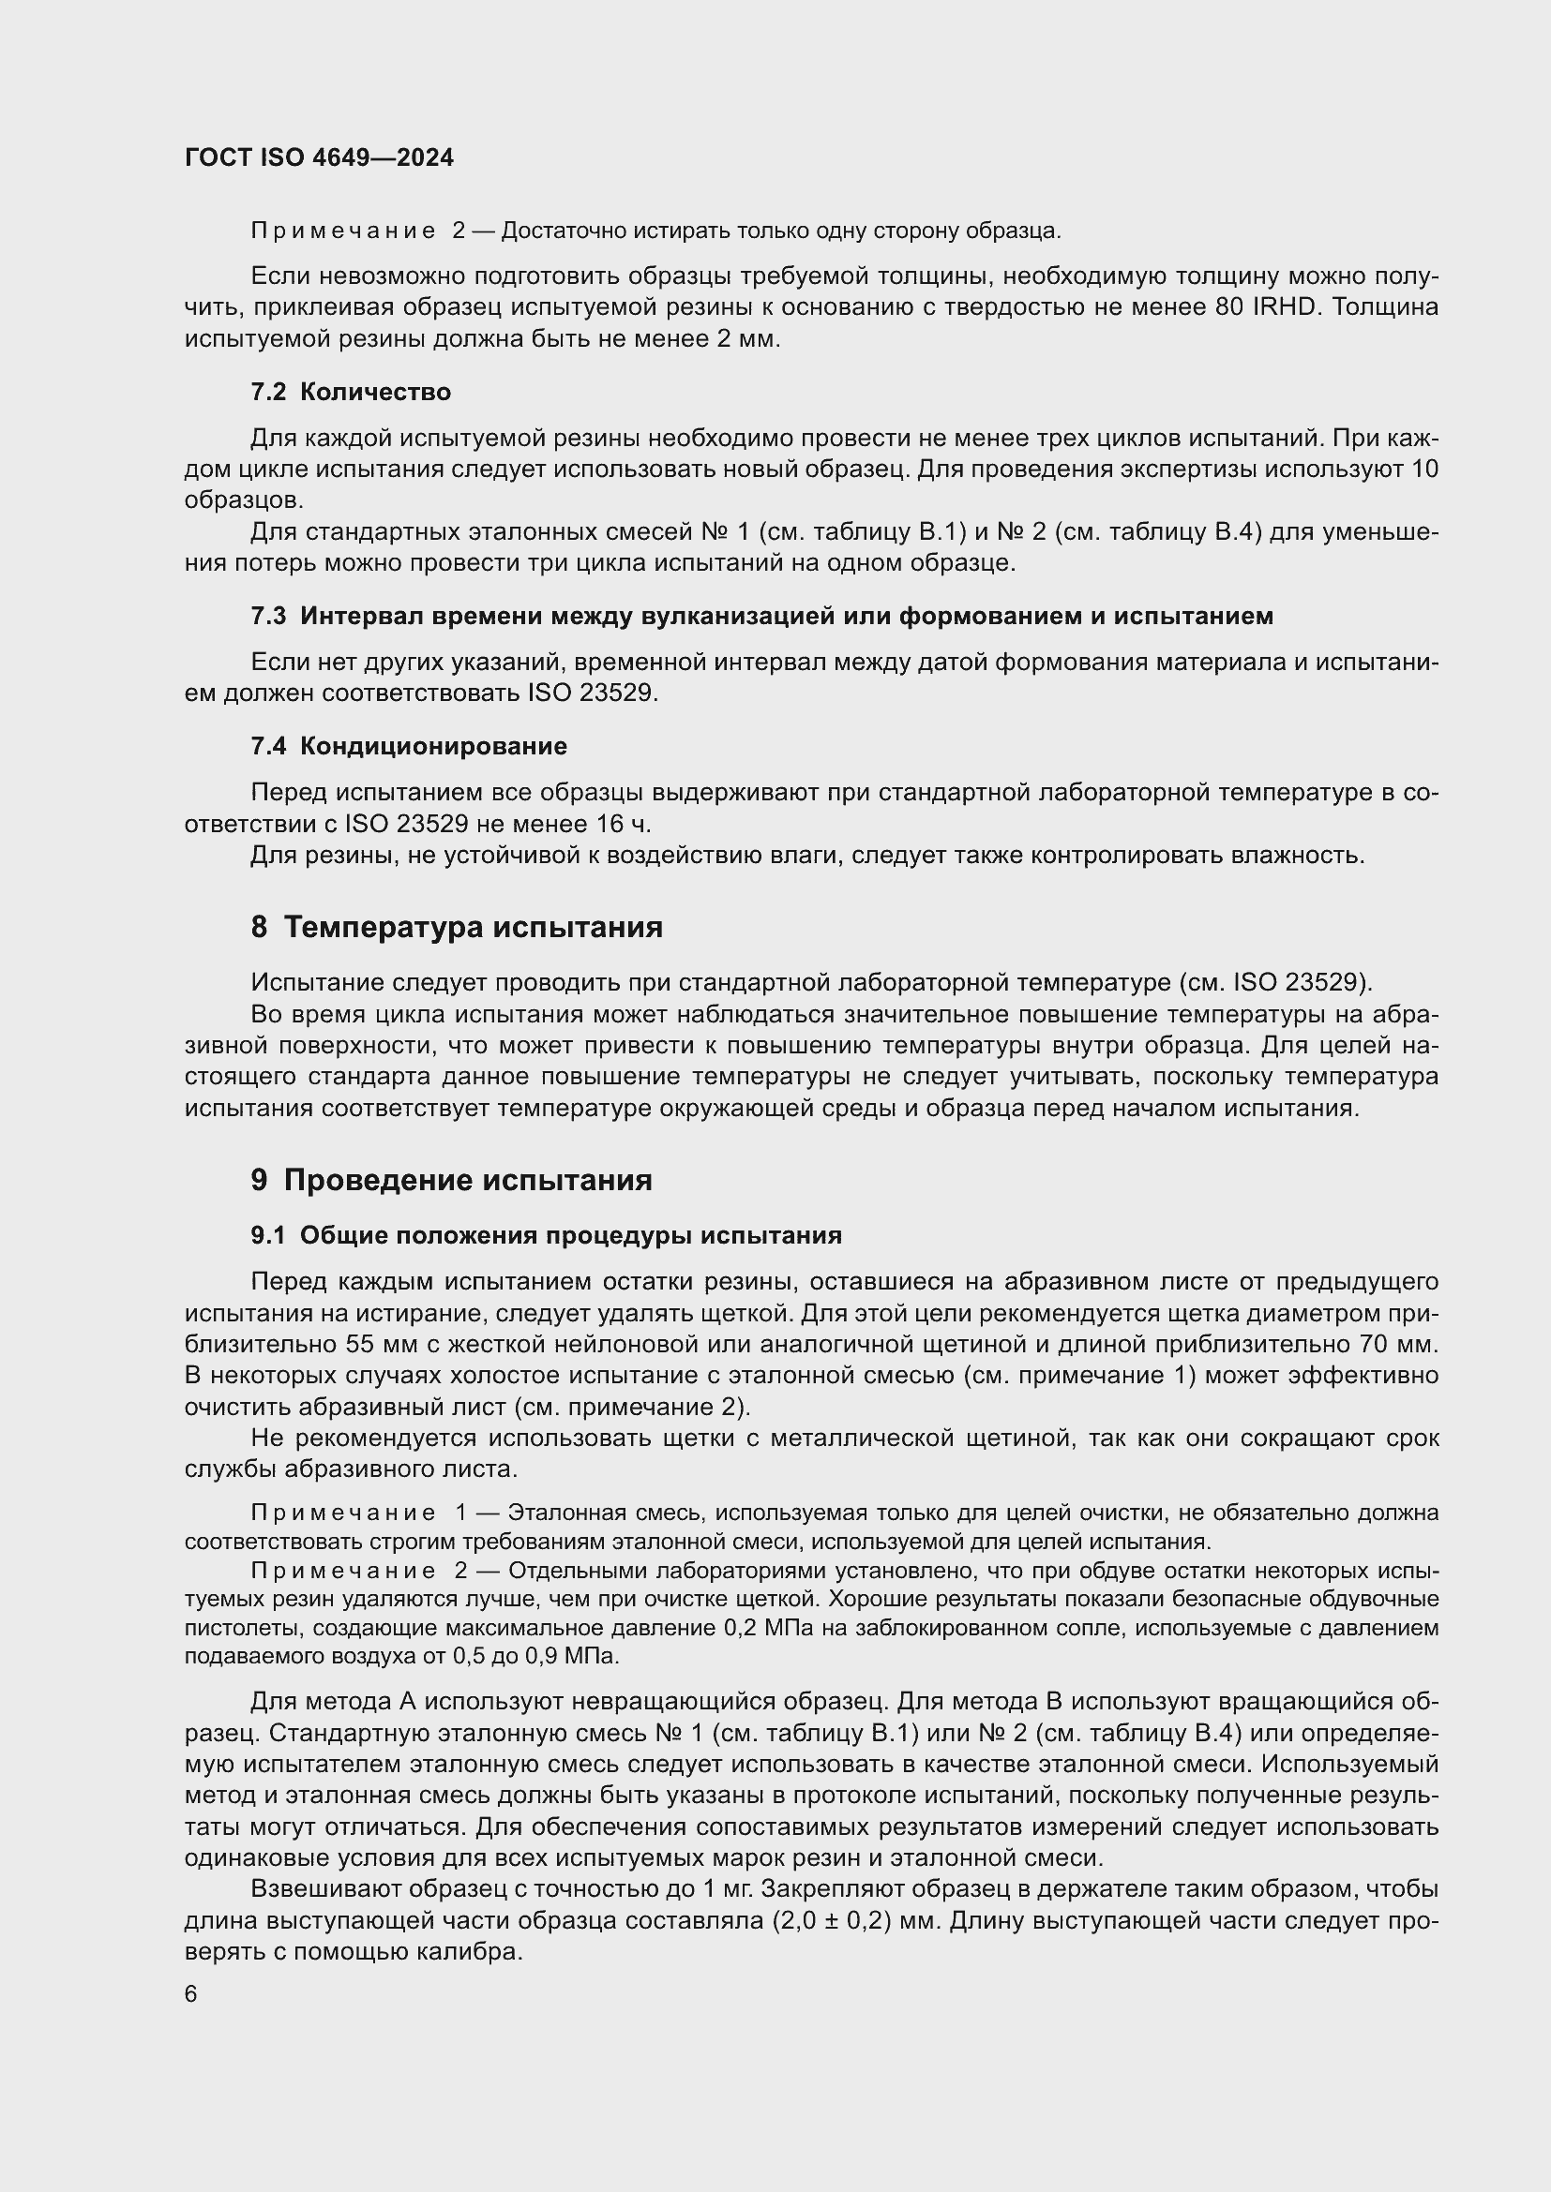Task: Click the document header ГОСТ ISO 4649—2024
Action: tap(319, 157)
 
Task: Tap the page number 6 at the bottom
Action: tap(191, 1994)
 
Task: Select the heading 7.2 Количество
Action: tap(351, 392)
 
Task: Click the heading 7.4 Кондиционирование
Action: tap(408, 746)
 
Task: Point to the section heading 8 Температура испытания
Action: tap(457, 927)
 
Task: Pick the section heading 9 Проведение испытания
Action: tap(452, 1180)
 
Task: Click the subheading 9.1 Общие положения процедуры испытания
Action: tap(547, 1235)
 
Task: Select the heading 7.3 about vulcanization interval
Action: tap(761, 616)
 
